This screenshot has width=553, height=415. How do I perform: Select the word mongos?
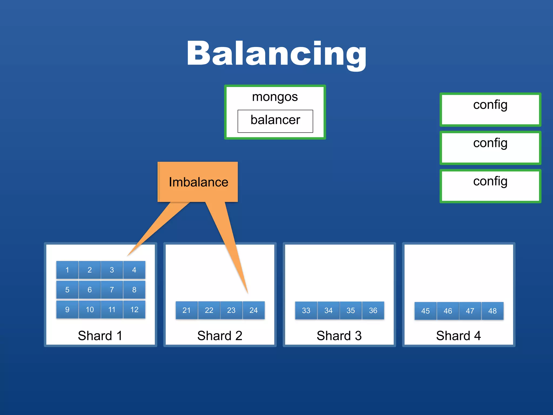coord(275,97)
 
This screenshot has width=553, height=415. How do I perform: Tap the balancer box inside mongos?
coord(275,121)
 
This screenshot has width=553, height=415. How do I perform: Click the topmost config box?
coord(490,109)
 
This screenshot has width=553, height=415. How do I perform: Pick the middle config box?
coord(490,148)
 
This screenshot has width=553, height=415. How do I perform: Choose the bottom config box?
coord(490,186)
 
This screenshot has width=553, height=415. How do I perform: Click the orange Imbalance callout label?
coord(198,182)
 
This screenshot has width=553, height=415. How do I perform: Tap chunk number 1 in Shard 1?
coord(67,270)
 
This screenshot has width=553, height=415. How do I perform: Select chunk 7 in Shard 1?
coord(112,290)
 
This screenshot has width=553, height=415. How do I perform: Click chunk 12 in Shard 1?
coord(134,309)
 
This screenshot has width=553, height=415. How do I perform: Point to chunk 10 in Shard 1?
coord(90,309)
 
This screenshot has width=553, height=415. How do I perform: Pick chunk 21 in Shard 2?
coord(187,310)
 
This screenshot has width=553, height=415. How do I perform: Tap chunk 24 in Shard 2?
coord(254,310)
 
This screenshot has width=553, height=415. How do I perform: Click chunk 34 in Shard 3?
coord(328,310)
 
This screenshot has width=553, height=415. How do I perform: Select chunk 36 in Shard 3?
coord(373,310)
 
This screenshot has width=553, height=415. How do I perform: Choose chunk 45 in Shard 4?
coord(426,311)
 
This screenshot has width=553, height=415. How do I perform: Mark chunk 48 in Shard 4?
coord(492,311)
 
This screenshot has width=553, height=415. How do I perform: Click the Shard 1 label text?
coord(100,336)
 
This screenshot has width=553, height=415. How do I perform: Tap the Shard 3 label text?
coord(339,336)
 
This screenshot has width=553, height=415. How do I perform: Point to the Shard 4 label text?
coord(458,336)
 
